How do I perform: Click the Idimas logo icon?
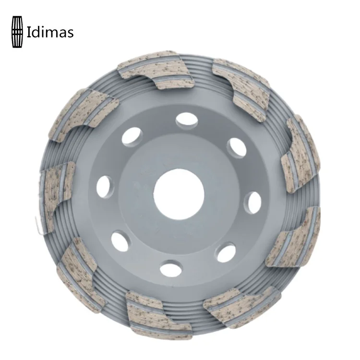click(x=17, y=32)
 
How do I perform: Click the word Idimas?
click(x=50, y=33)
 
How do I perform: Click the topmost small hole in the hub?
click(x=187, y=121)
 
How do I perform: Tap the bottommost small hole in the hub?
click(x=171, y=268)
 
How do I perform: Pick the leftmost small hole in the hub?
click(x=105, y=186)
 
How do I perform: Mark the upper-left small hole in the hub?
click(x=132, y=137)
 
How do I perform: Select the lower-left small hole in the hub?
click(x=120, y=241)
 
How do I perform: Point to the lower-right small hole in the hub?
click(x=226, y=253)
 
